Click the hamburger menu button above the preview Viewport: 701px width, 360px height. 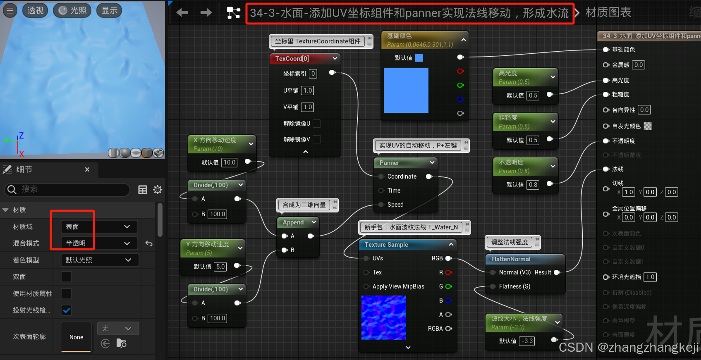(10, 10)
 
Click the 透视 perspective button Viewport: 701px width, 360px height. (35, 10)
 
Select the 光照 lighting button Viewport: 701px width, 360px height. (73, 10)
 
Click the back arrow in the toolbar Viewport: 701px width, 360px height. (182, 13)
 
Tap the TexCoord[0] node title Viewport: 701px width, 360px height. (292, 59)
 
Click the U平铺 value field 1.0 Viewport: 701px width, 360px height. (308, 91)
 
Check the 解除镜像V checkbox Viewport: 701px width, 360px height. (317, 139)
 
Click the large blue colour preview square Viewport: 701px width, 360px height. (406, 91)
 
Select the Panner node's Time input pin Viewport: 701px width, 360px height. (381, 191)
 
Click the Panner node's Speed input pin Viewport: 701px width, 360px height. (381, 205)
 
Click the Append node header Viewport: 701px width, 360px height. (293, 222)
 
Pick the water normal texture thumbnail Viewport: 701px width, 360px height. (383, 318)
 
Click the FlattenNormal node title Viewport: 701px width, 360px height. (511, 259)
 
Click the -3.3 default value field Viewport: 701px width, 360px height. (527, 341)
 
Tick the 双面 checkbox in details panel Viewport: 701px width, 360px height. (66, 277)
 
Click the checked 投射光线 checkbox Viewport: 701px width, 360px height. (66, 310)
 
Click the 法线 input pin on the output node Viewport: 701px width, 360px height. (606, 169)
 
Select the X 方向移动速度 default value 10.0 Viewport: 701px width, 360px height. (230, 162)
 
